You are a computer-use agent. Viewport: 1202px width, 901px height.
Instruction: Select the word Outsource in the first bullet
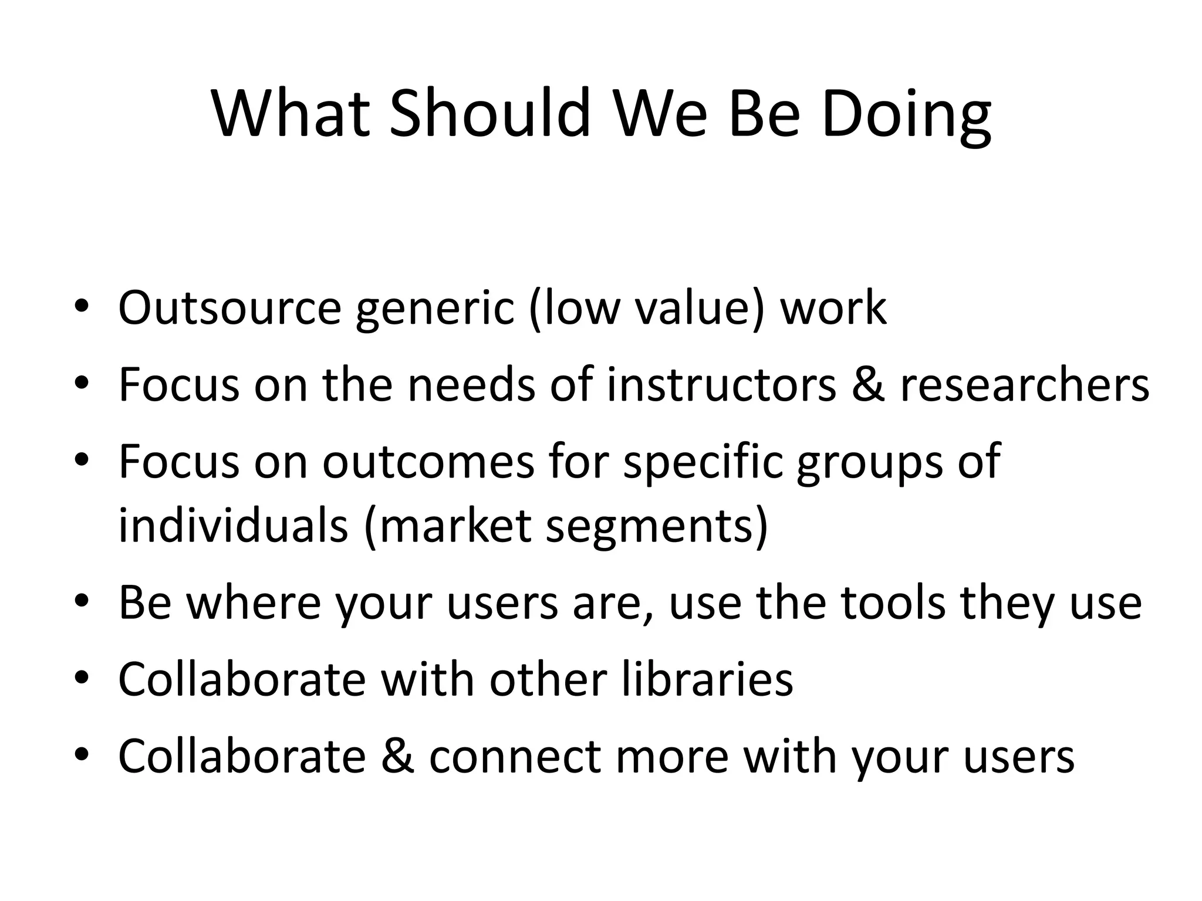[x=229, y=307]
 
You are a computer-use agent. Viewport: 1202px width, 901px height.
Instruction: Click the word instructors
[x=721, y=385]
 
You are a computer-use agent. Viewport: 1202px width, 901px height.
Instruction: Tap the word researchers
[x=1024, y=385]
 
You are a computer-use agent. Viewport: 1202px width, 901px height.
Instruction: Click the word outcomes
[x=428, y=462]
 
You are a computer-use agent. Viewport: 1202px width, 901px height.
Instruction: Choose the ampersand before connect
[x=397, y=756]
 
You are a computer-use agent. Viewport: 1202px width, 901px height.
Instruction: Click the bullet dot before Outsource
[x=82, y=309]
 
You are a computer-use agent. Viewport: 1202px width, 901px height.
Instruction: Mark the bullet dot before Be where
[x=82, y=604]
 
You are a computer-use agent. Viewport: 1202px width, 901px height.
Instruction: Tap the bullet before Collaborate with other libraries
[x=82, y=680]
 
